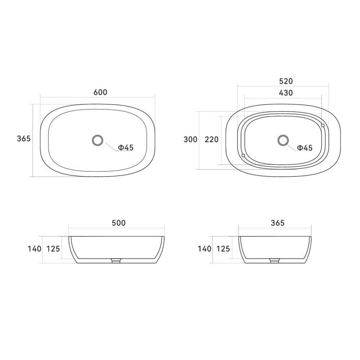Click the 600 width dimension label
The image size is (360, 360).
click(100, 92)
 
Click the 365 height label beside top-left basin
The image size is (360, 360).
click(24, 139)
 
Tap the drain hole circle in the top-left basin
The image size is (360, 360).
click(98, 140)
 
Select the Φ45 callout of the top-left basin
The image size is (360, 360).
click(126, 147)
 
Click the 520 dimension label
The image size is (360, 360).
click(285, 81)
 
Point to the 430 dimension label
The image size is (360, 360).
click(285, 93)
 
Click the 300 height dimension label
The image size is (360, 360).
click(190, 139)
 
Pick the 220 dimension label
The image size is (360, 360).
click(212, 139)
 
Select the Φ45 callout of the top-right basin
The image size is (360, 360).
click(305, 148)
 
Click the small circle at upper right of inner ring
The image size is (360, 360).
click(323, 125)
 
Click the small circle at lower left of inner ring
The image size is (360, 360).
click(243, 156)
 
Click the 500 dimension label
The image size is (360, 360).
click(118, 223)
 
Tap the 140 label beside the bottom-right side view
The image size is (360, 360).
click(204, 248)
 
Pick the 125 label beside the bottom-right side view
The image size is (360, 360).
click(223, 248)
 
